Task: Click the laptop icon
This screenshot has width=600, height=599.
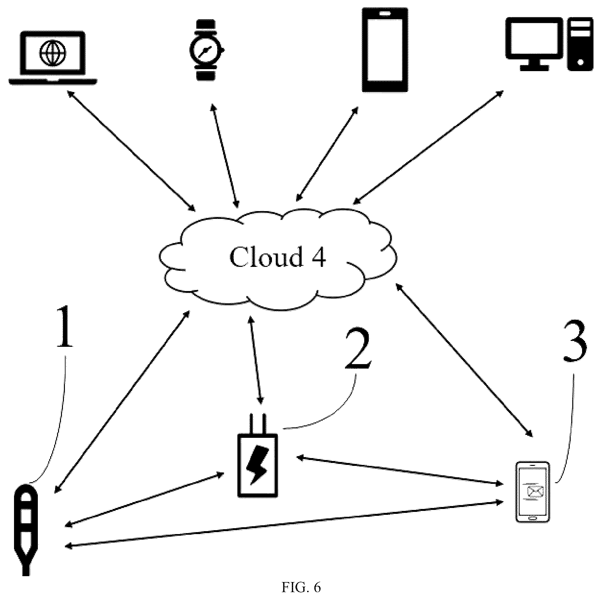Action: click(53, 58)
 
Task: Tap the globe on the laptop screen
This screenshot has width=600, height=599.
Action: click(52, 53)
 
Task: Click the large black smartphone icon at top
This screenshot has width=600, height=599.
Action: click(385, 50)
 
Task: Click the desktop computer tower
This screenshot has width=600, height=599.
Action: click(580, 44)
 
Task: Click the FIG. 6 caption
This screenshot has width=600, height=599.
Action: click(301, 587)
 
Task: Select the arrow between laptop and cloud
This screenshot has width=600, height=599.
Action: click(131, 151)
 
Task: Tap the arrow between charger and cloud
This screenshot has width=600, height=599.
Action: click(255, 360)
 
